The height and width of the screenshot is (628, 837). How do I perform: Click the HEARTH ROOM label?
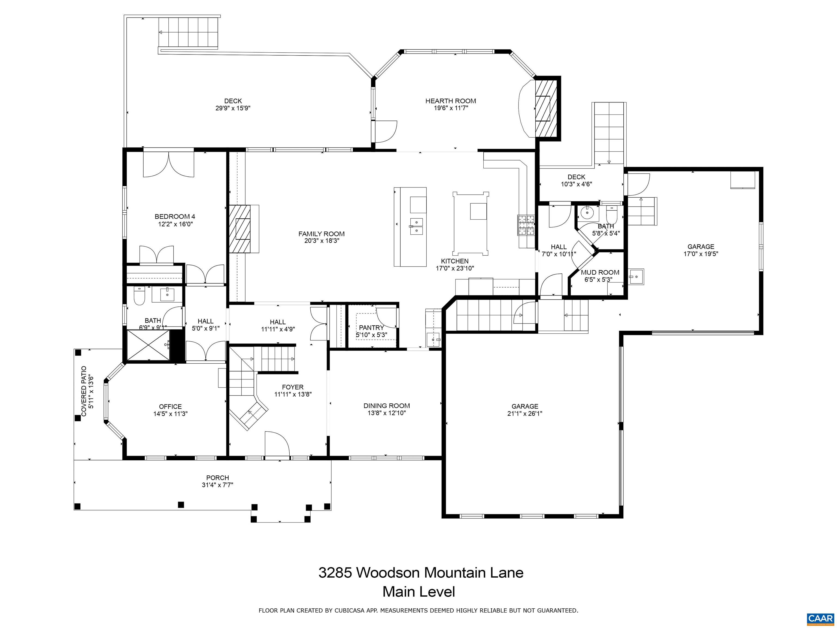point(450,101)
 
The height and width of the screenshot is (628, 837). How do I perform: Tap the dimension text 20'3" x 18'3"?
point(321,241)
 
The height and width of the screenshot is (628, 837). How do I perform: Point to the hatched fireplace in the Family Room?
point(239,229)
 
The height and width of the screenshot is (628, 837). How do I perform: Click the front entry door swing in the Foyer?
point(277,444)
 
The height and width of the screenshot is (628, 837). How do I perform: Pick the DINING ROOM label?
point(386,406)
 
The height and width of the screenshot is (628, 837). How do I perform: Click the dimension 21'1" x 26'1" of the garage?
point(524,414)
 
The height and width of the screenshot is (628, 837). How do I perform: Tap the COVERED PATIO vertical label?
point(84,391)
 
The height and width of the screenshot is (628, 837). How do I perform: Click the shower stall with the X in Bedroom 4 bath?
point(148,346)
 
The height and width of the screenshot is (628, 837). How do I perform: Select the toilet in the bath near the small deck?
point(611,215)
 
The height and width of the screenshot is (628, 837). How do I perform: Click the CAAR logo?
point(820,618)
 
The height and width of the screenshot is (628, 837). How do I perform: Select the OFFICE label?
point(170,407)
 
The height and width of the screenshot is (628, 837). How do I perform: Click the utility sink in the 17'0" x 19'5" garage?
point(636,277)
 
